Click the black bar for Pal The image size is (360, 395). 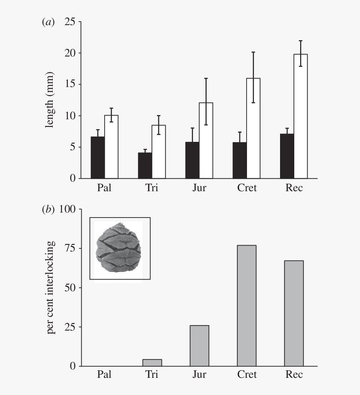[98, 158]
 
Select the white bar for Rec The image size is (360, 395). [301, 116]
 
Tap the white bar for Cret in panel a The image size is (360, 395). [253, 128]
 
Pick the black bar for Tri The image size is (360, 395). [145, 166]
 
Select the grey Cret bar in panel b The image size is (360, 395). [247, 306]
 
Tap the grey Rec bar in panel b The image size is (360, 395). [294, 313]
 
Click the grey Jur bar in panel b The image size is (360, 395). [199, 346]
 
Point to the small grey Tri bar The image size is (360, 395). [152, 363]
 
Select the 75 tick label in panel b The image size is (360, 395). [69, 249]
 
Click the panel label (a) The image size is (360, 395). [48, 23]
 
